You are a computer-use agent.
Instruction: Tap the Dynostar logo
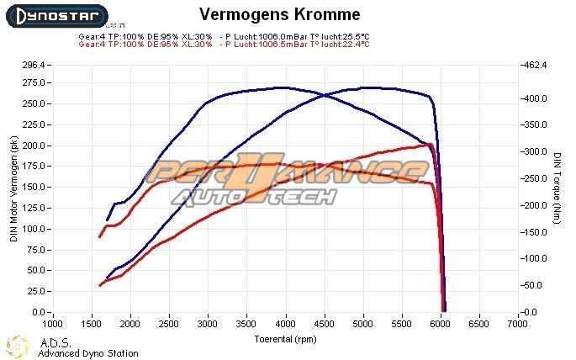(54, 16)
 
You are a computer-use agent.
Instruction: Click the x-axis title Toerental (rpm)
(286, 338)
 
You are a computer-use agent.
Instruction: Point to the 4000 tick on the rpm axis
(286, 323)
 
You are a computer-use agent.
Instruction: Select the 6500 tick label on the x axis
(479, 323)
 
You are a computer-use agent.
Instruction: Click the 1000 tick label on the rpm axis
(53, 323)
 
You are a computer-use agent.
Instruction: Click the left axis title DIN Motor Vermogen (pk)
(13, 189)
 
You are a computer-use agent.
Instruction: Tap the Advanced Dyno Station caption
(87, 353)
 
